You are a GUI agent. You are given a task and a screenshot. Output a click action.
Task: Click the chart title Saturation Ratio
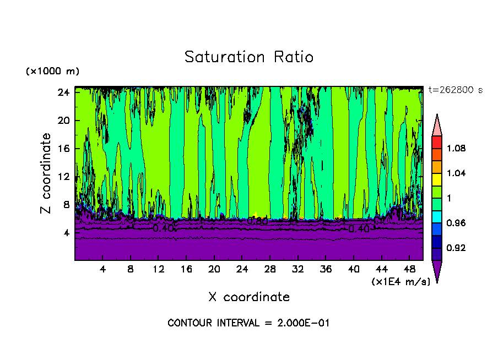point(248,57)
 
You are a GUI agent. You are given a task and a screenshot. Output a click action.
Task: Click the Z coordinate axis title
point(46,173)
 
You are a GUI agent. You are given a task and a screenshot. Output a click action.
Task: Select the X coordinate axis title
point(249,297)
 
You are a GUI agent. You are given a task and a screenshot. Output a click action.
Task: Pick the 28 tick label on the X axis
point(270,269)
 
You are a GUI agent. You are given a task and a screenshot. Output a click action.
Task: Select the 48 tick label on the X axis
point(409,269)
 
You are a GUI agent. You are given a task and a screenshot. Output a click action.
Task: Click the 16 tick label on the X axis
point(186,269)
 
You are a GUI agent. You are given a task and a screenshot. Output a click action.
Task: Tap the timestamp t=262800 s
point(455,90)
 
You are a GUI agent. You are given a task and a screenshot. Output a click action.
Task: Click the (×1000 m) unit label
point(52,72)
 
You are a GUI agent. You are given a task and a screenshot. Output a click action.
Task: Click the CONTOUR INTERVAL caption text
point(248,323)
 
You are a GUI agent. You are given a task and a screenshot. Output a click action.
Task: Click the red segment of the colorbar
point(436,141)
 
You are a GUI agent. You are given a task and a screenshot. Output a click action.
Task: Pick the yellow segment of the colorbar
point(436,179)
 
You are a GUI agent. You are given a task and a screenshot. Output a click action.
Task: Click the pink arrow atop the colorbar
point(436,124)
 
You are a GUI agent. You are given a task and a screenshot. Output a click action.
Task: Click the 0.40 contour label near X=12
point(163,227)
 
